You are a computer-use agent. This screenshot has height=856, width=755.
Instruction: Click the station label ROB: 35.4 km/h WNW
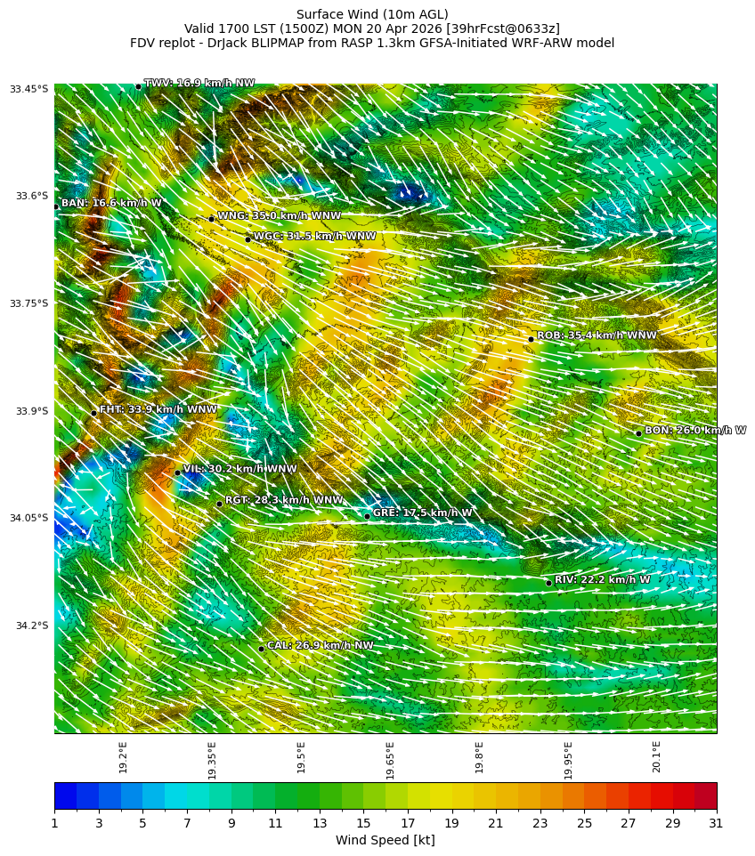click(597, 335)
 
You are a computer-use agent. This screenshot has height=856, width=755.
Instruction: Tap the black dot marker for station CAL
click(261, 649)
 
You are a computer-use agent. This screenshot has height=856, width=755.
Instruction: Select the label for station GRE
click(422, 513)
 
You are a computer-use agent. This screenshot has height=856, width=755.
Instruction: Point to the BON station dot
click(638, 433)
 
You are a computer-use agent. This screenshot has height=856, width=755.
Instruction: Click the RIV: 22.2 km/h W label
click(602, 580)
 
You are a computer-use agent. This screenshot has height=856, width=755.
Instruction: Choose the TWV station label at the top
click(199, 84)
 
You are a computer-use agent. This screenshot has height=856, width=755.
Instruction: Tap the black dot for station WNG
click(211, 219)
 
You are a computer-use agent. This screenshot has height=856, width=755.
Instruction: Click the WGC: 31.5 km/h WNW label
click(314, 237)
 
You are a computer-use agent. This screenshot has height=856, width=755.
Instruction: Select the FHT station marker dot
click(93, 413)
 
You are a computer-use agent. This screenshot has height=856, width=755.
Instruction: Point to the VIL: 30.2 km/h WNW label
click(239, 469)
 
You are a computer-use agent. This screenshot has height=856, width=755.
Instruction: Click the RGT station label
click(283, 500)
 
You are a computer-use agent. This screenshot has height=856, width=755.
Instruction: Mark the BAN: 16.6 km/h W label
click(111, 204)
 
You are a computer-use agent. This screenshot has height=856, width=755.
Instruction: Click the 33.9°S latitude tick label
click(30, 411)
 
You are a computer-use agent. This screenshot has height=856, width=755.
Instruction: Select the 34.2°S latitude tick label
click(30, 626)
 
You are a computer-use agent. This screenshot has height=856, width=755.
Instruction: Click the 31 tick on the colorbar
click(716, 824)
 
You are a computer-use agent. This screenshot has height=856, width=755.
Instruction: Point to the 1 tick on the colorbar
click(54, 824)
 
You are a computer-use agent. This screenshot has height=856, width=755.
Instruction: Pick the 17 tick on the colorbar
click(408, 824)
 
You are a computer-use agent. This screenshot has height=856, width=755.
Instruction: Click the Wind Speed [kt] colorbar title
click(385, 841)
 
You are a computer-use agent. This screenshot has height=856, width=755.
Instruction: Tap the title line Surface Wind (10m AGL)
click(372, 14)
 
